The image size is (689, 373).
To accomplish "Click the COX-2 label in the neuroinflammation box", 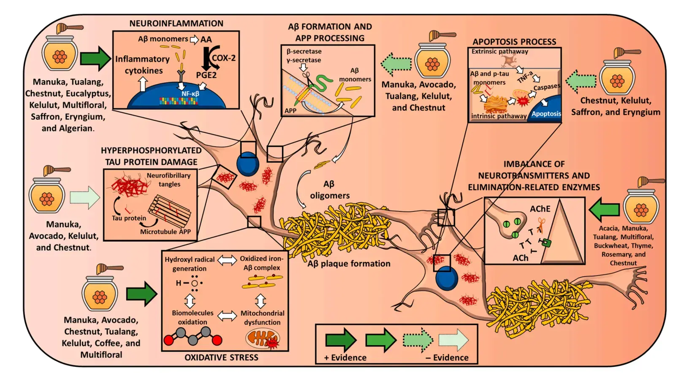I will tap(223, 58).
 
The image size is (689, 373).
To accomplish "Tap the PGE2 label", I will tap(206, 75).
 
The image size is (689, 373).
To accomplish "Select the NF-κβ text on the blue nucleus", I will tap(190, 94).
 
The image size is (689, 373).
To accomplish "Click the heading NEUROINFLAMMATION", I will tap(176, 24).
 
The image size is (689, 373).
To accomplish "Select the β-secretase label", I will tap(304, 51).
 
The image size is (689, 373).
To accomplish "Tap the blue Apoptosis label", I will tap(546, 114).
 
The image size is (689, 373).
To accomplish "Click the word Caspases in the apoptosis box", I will tap(547, 87).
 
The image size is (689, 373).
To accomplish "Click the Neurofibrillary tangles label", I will tap(169, 180).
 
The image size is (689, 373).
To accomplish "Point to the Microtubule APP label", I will tap(165, 232).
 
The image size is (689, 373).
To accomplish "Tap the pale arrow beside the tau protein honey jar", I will tap(85, 197).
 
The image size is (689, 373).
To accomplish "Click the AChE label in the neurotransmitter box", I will tap(540, 209).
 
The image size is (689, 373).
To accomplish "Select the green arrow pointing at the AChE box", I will tap(604, 209).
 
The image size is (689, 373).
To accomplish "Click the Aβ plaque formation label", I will tap(349, 264).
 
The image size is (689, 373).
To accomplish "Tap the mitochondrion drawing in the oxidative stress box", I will tap(262, 339).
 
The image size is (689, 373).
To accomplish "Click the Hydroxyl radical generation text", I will tap(190, 264).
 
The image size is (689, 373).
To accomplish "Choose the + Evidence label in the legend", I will tap(345, 357).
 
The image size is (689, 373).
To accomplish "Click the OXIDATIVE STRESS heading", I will tap(221, 357).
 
